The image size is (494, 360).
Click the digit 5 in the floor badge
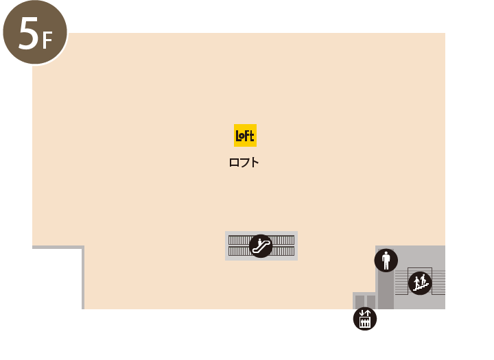28,33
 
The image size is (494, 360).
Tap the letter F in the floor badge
47,40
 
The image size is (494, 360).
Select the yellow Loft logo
245,136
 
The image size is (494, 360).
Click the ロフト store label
244,163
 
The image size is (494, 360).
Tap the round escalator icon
261,246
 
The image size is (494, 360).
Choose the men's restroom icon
386,261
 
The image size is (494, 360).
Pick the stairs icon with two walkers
420,283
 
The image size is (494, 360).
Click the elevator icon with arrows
365,319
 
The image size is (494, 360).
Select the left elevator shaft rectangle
360,302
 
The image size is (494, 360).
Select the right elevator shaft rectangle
371,302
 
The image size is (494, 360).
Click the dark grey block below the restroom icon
386,290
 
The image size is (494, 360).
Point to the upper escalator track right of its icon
283,240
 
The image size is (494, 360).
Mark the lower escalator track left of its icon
239,252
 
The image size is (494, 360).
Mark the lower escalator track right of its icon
283,252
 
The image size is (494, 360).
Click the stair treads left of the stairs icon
401,283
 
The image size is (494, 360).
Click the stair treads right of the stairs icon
438,283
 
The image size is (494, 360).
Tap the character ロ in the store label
234,163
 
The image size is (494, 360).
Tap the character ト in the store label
255,163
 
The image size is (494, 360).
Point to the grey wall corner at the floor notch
83,248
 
